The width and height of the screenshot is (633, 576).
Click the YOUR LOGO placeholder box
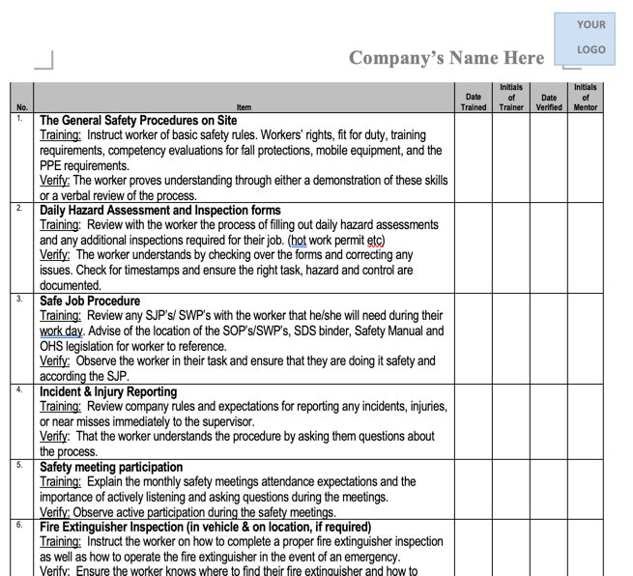pyautogui.click(x=590, y=37)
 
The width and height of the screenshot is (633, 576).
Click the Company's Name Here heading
pyautogui.click(x=446, y=58)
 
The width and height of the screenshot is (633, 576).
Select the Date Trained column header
pyautogui.click(x=474, y=101)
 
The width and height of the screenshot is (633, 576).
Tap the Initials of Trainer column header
pyautogui.click(x=511, y=97)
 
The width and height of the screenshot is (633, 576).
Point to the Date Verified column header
pyautogui.click(x=548, y=101)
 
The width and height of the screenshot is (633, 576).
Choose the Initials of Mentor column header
pyautogui.click(x=586, y=97)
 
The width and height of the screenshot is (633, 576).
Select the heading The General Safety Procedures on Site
pyautogui.click(x=138, y=121)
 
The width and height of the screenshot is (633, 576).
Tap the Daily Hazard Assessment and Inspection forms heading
pyautogui.click(x=160, y=210)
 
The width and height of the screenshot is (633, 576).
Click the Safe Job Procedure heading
pyautogui.click(x=90, y=301)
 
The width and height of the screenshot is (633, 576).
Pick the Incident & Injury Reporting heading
pyautogui.click(x=108, y=391)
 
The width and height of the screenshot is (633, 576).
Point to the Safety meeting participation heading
pyautogui.click(x=111, y=467)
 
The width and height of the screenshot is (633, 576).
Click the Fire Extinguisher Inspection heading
pyautogui.click(x=205, y=527)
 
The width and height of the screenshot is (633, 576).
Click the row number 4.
pyautogui.click(x=20, y=389)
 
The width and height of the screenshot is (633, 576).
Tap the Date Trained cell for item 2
pyautogui.click(x=474, y=247)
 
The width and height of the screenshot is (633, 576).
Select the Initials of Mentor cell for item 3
pyautogui.click(x=586, y=338)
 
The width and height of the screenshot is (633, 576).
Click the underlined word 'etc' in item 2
pyautogui.click(x=377, y=240)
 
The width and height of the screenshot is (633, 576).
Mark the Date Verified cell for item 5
pyautogui.click(x=548, y=489)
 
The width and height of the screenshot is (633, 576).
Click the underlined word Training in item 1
pyautogui.click(x=60, y=135)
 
